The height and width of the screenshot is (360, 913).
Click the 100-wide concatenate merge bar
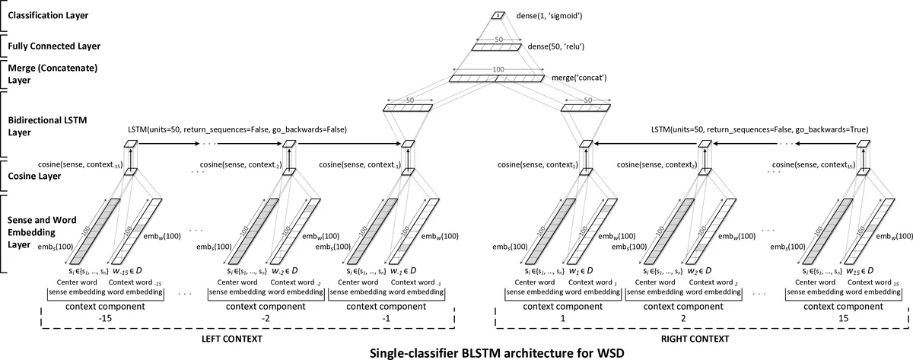[x=496, y=78]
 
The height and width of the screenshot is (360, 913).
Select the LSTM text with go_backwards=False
[x=237, y=130]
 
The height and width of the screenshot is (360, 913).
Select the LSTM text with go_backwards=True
[x=769, y=130]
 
